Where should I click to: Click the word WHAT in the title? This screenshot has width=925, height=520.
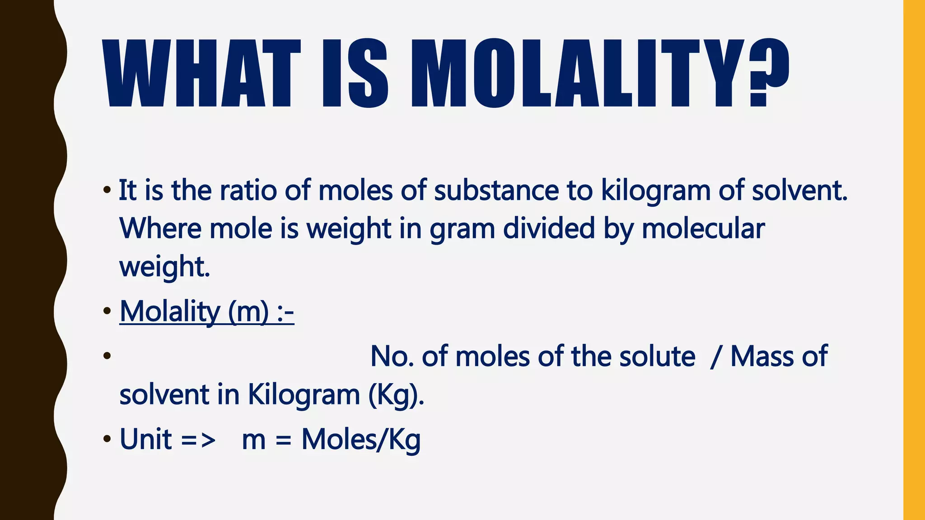[201, 73]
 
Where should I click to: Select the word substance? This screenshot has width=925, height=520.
[496, 190]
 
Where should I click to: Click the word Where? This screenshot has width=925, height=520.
[160, 228]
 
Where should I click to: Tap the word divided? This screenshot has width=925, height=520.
[549, 228]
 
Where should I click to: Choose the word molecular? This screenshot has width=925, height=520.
[703, 228]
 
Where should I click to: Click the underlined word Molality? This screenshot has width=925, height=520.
[169, 311]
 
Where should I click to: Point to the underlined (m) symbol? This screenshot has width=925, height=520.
[248, 311]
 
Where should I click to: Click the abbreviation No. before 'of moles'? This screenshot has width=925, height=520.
[392, 357]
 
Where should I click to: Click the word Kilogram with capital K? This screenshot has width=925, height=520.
[304, 395]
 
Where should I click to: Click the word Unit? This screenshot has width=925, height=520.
[145, 439]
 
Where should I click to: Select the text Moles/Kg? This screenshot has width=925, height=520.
[361, 440]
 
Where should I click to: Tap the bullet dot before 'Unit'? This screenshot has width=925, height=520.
[107, 439]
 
